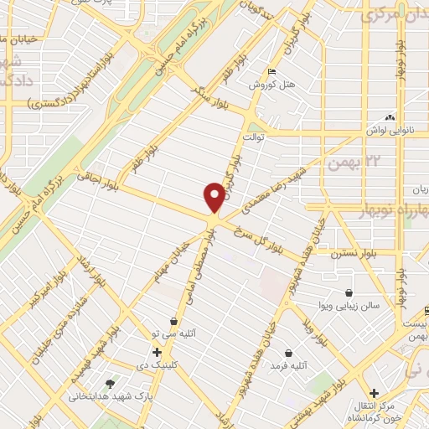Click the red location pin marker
pos(214,198)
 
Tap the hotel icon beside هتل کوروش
pos(269,72)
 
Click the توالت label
pos(253,135)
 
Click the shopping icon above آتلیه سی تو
pos(173,321)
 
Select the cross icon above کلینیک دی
pos(157,351)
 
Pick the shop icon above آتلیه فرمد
pos(289,353)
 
